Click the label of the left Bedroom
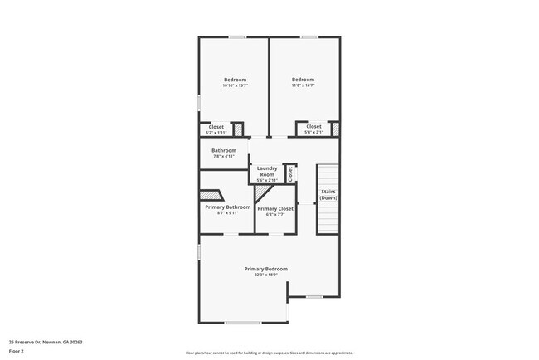235,80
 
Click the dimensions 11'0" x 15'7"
303,85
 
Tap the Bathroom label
224,150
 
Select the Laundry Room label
266,172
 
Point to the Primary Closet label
275,208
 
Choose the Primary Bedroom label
266,269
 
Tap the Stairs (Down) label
328,195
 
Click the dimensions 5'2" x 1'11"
216,133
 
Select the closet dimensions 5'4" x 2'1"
313,133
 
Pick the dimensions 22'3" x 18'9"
266,275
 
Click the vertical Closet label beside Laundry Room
290,174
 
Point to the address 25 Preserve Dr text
46,342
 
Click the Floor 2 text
17,351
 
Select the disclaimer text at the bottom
269,352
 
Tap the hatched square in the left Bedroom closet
236,129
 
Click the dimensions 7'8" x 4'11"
224,156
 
